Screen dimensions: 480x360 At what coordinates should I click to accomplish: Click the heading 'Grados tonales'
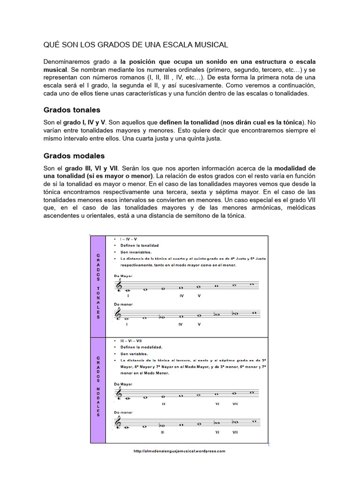point(72,110)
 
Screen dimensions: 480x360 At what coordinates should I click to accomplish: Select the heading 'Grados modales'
point(74,156)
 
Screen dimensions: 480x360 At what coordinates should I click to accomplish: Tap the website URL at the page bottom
point(180,451)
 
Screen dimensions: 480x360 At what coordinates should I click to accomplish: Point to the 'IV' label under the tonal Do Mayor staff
point(181,296)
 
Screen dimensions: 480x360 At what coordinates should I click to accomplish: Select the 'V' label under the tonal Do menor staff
point(199,324)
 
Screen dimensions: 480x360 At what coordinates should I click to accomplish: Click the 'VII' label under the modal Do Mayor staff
point(235,403)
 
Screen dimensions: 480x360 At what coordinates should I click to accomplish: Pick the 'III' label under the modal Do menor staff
point(162,432)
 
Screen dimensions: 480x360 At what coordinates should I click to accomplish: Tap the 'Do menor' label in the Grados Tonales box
point(123,304)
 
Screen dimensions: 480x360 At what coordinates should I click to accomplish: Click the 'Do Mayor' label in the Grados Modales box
point(123,384)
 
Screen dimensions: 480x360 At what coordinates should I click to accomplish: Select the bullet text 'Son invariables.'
point(135,252)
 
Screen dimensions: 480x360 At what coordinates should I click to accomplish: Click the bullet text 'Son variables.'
point(134,354)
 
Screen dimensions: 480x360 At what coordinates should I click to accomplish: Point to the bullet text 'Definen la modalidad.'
point(141,347)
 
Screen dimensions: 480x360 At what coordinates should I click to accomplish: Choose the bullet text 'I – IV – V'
point(128,239)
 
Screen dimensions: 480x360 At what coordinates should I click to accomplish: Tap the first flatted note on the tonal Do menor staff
point(162,317)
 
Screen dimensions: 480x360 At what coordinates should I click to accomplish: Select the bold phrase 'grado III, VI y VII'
point(91,168)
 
